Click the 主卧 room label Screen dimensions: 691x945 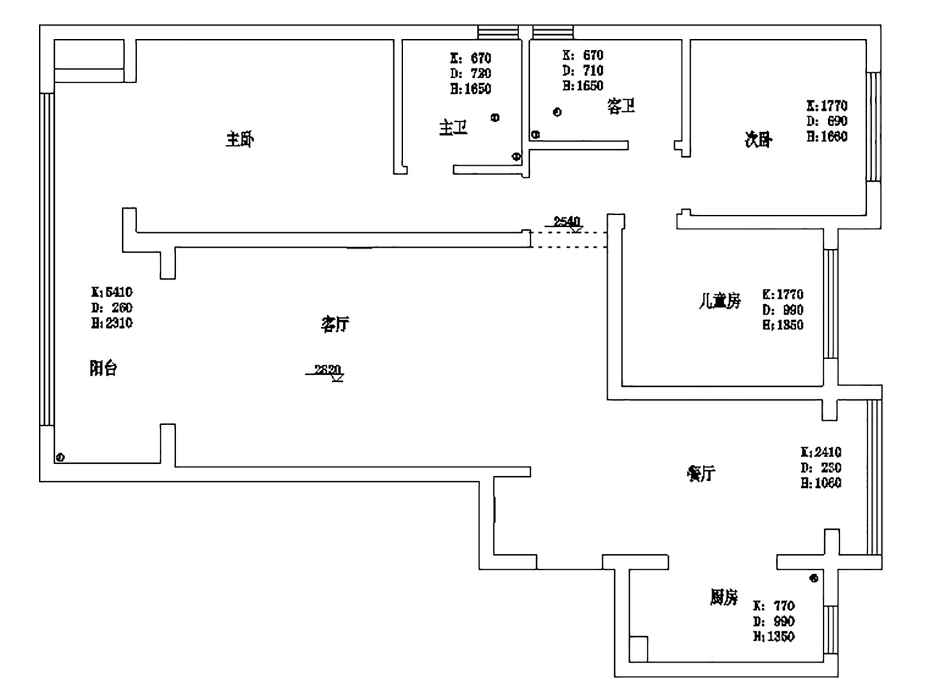(x=239, y=139)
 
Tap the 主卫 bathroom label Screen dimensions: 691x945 (x=453, y=128)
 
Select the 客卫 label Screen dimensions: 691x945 (x=621, y=106)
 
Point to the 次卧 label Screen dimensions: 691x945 (x=757, y=139)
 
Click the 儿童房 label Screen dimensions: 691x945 (x=720, y=301)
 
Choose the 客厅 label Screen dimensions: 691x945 (x=335, y=324)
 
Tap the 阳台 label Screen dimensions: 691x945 (x=103, y=368)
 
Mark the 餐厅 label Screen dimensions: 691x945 (x=701, y=473)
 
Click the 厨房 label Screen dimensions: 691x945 (x=724, y=597)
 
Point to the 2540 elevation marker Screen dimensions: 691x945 (x=566, y=222)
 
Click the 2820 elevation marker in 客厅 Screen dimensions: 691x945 (x=328, y=370)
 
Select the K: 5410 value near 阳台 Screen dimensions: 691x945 (x=112, y=292)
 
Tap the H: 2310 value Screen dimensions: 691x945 (x=112, y=323)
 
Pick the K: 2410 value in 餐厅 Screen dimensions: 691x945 (x=821, y=452)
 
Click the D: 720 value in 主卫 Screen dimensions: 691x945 (x=471, y=74)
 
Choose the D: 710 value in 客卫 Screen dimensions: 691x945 (x=583, y=71)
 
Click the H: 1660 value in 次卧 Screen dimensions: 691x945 (x=827, y=137)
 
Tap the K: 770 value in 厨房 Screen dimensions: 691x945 (x=774, y=606)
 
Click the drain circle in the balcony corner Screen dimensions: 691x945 (x=60, y=457)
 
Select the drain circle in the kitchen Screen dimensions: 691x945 (x=814, y=577)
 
